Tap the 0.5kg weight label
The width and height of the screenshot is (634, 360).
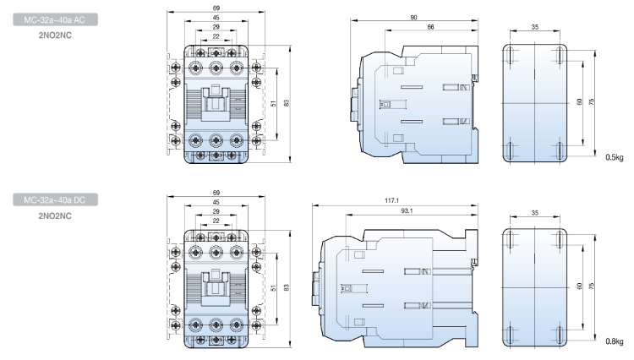(x=614, y=156)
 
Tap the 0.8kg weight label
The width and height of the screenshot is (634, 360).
(x=614, y=341)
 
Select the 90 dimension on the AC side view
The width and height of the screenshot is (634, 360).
(x=413, y=18)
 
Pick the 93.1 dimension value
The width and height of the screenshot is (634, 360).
(x=403, y=210)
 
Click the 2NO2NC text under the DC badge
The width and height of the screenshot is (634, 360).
(x=55, y=215)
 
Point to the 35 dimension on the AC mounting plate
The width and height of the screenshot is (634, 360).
(x=535, y=28)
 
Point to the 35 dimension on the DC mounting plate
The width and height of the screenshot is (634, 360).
(x=535, y=213)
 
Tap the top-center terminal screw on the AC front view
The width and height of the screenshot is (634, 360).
(x=217, y=66)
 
